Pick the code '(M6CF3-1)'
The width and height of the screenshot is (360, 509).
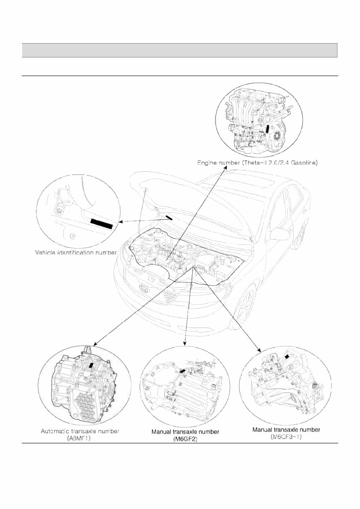tap(286, 437)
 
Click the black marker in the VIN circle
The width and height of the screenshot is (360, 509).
tap(102, 224)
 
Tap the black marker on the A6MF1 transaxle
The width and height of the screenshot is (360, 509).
tap(92, 365)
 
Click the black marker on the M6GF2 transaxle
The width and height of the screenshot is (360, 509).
tap(183, 371)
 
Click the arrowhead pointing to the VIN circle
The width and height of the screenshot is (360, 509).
tap(121, 222)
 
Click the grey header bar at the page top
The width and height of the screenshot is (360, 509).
tap(180, 50)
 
